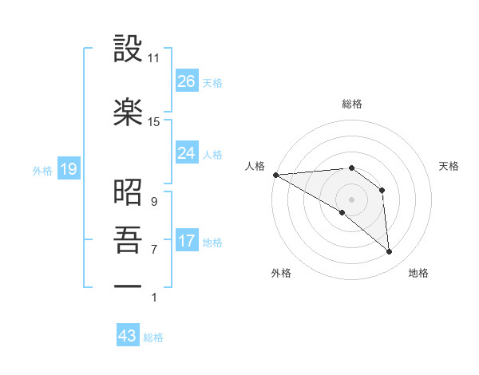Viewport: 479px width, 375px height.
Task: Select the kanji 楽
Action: pos(129,112)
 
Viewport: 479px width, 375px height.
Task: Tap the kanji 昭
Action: pos(129,192)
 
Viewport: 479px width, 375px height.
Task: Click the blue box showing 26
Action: pos(187,81)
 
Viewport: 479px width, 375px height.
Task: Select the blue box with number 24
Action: pos(187,152)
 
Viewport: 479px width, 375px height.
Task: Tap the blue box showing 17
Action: pos(187,241)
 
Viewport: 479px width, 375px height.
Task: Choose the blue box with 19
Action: pos(68,169)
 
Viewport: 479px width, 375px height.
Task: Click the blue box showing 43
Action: pos(128,336)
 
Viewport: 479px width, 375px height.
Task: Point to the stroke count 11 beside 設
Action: pos(154,58)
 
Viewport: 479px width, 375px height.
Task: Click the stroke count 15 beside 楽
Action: pos(154,121)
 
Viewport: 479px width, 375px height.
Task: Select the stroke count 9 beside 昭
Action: pos(153,202)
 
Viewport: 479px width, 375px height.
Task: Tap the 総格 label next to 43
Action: pos(154,337)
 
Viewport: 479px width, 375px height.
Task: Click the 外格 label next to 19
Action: pos(42,170)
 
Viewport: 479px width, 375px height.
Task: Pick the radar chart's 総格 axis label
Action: pos(351,104)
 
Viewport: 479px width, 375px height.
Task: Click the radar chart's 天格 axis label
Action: pos(449,166)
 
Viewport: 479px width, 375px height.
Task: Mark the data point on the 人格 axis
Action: pos(275,174)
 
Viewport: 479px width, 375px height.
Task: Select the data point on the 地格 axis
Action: pos(389,251)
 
